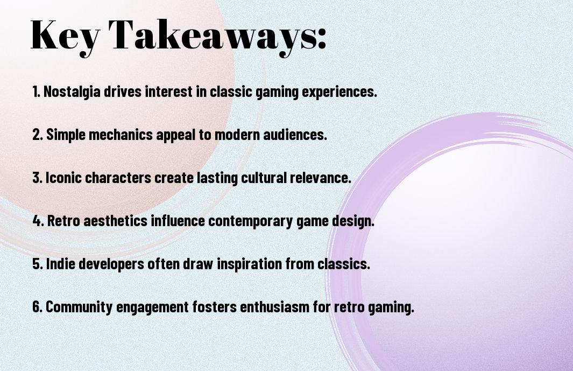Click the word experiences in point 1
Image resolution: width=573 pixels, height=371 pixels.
pos(339,92)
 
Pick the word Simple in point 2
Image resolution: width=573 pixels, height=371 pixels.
pos(66,135)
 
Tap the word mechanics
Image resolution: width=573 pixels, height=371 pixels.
pos(121,135)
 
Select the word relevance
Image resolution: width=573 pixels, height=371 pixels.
pos(320,178)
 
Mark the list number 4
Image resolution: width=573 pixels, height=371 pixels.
pos(38,221)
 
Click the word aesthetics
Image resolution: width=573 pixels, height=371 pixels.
pos(116,221)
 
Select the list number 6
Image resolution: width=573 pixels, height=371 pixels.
pos(37,307)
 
